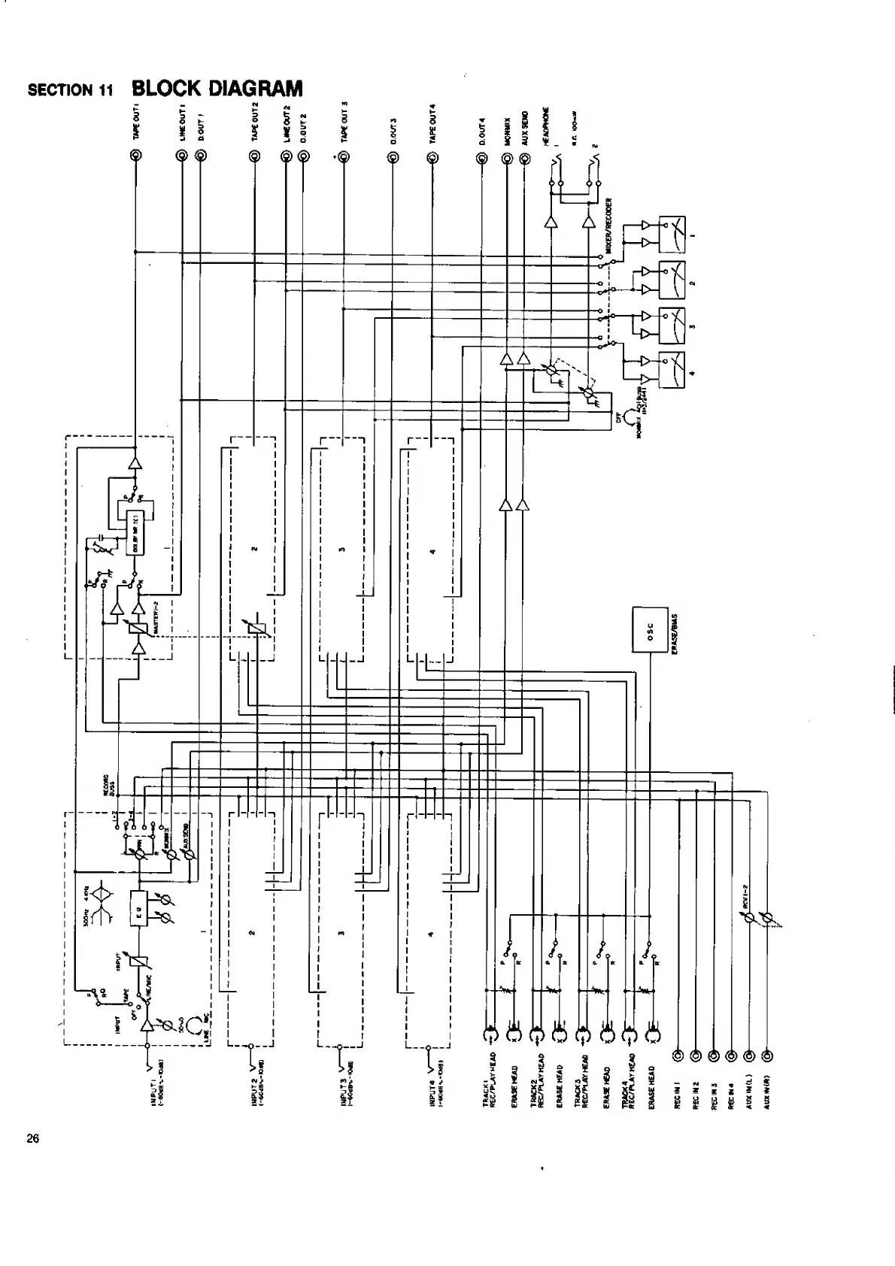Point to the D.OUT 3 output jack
(393, 158)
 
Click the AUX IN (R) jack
(766, 1056)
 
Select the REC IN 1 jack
(679, 1056)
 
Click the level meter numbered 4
(672, 369)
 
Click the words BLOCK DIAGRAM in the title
(217, 89)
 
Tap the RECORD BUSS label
(110, 784)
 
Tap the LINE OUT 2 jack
(286, 156)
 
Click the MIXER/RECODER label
(610, 226)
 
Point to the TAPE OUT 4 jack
(432, 158)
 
